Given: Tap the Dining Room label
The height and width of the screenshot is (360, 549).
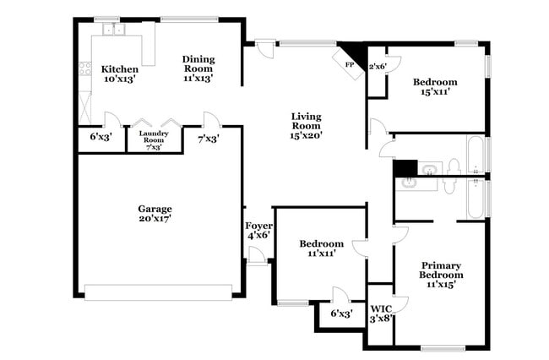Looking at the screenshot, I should (x=198, y=68).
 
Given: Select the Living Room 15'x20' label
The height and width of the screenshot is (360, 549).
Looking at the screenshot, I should (x=307, y=125).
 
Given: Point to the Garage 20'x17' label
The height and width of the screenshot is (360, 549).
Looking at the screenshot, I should (x=155, y=214).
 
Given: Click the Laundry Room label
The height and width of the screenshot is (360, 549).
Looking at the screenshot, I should (x=154, y=139).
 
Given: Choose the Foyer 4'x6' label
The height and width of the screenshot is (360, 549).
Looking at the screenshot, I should (x=258, y=230).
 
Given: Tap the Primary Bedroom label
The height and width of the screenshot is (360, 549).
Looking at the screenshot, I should (x=442, y=275).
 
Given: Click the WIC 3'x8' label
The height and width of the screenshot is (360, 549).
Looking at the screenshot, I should (x=381, y=313).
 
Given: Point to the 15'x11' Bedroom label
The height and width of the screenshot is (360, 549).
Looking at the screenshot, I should (x=436, y=87).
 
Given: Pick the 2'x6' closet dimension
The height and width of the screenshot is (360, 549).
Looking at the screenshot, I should (x=378, y=66).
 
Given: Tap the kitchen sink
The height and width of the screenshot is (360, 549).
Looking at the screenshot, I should (x=113, y=30).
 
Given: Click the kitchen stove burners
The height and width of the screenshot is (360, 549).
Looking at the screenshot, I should (x=84, y=70).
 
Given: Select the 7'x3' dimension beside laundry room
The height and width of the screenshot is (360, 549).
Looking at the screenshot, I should (x=208, y=139).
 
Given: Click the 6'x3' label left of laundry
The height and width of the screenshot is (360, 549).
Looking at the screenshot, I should (x=101, y=136).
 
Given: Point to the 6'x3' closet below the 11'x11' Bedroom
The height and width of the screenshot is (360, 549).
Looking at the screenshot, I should (x=340, y=314).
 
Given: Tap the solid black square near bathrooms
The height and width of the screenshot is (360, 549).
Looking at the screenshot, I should (x=405, y=168).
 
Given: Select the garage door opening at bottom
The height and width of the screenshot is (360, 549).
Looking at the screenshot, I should (x=158, y=292).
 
